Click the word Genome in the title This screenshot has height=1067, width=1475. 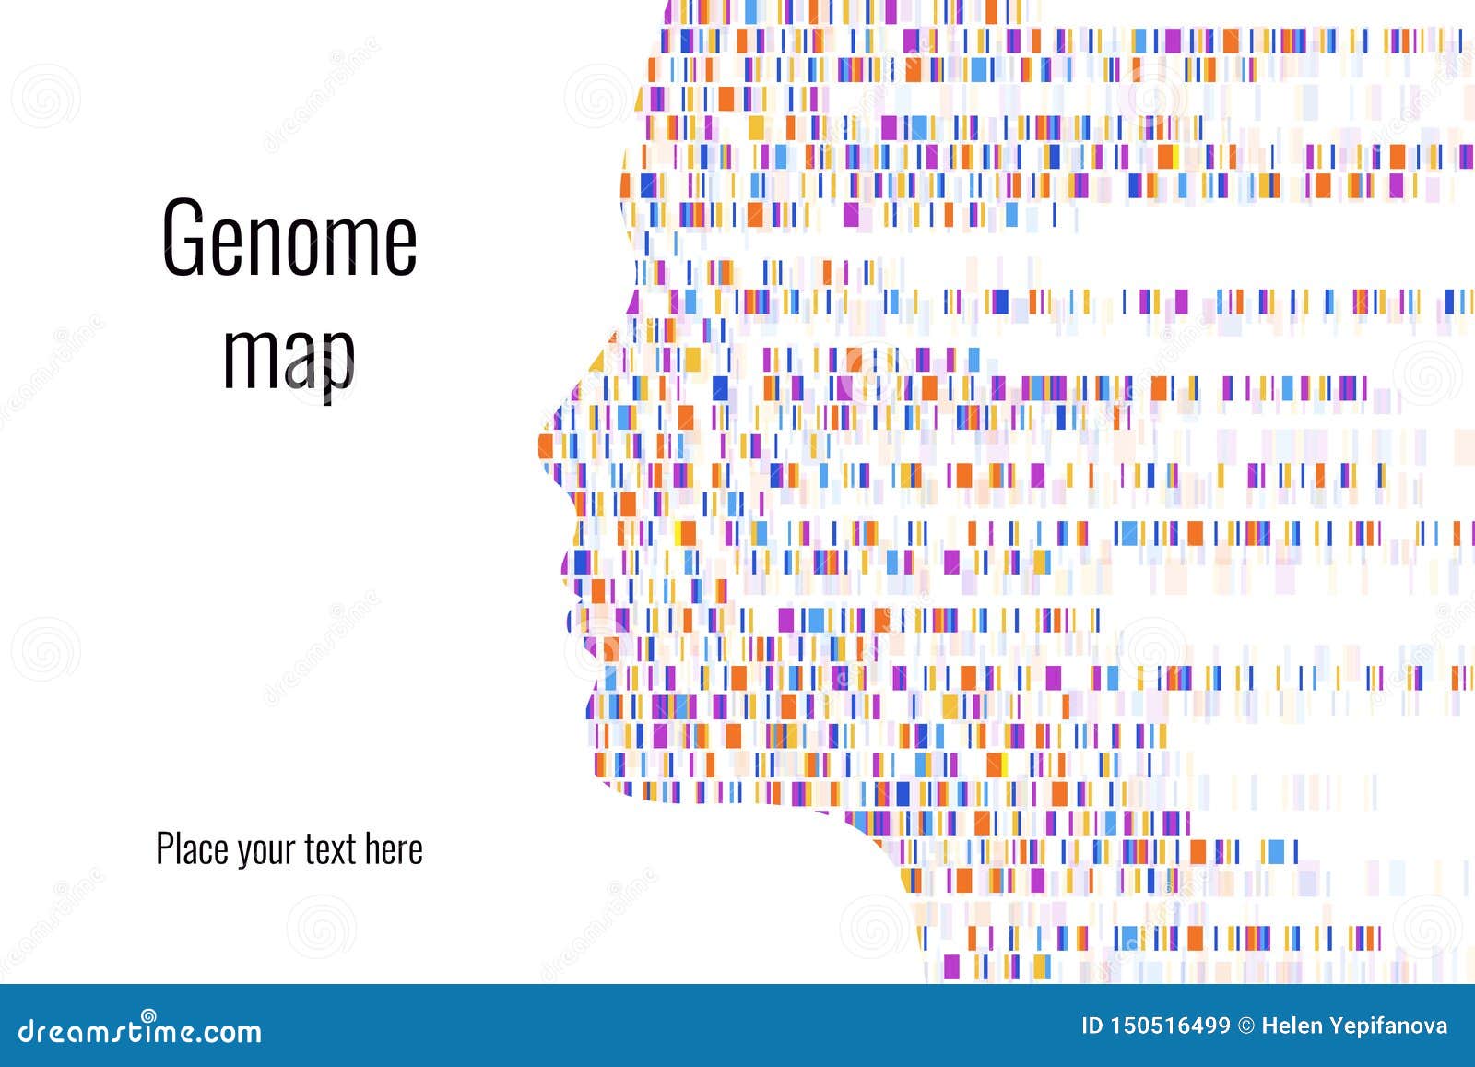pyautogui.click(x=289, y=238)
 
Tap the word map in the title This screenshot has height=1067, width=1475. pyautogui.click(x=289, y=355)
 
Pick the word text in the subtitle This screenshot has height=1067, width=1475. pyautogui.click(x=330, y=849)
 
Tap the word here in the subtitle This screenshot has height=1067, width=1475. pyautogui.click(x=394, y=849)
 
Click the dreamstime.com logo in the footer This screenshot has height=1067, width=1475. pyautogui.click(x=132, y=1030)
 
